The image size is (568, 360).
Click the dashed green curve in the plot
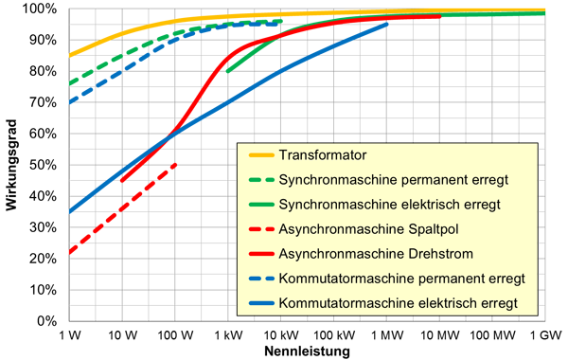click(189, 27)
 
